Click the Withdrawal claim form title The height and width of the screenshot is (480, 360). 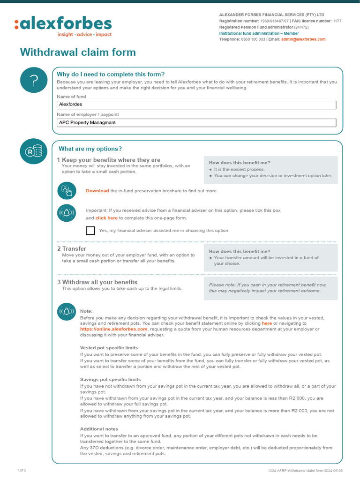click(78, 52)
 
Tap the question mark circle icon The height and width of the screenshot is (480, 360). click(34, 81)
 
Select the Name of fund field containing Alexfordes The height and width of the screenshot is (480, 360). click(196, 105)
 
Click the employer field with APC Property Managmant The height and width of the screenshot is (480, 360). click(196, 123)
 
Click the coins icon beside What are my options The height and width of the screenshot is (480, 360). click(34, 151)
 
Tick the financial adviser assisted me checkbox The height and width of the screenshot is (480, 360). click(90, 230)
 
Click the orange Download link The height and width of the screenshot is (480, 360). click(97, 191)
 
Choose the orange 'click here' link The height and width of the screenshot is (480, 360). click(106, 218)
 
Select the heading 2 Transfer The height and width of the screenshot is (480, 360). click(72, 248)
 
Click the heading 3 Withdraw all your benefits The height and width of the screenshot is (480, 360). click(97, 282)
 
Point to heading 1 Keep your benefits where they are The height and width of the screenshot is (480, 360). click(108, 160)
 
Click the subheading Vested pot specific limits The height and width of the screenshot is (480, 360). click(109, 348)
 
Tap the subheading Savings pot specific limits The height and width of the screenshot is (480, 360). click(110, 379)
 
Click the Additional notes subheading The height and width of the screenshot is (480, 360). click(99, 429)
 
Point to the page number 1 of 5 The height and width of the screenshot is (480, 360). click(22, 470)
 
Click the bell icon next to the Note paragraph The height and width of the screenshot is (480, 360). click(66, 311)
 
